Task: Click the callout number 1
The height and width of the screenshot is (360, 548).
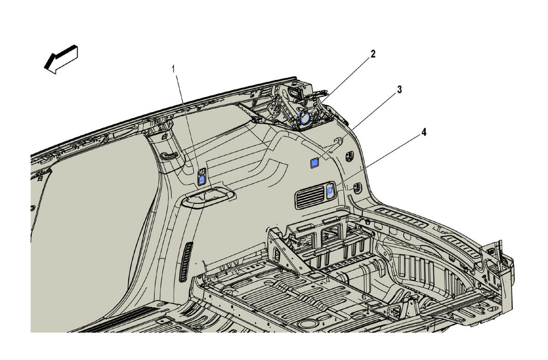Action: tap(174, 69)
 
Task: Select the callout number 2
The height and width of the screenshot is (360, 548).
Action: tap(373, 54)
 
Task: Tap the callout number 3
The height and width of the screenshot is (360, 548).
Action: tap(399, 90)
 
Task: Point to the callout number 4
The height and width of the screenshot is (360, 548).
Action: tap(424, 132)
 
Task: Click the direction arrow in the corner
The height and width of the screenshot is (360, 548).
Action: tap(61, 59)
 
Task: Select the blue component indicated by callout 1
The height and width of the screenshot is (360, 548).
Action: tap(201, 180)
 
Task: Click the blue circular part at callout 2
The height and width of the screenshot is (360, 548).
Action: tap(305, 118)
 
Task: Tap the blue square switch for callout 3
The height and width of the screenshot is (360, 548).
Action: tap(315, 163)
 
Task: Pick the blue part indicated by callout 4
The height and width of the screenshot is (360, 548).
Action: tap(330, 191)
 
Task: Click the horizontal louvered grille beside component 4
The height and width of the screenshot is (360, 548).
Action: tap(310, 197)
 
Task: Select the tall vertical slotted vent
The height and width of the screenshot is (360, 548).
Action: tap(186, 262)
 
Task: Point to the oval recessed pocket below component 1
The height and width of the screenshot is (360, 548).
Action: tap(209, 197)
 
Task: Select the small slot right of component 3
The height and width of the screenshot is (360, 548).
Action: tap(349, 156)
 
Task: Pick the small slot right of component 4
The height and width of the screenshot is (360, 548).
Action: tap(358, 188)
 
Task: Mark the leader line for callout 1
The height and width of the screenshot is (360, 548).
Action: tap(189, 124)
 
